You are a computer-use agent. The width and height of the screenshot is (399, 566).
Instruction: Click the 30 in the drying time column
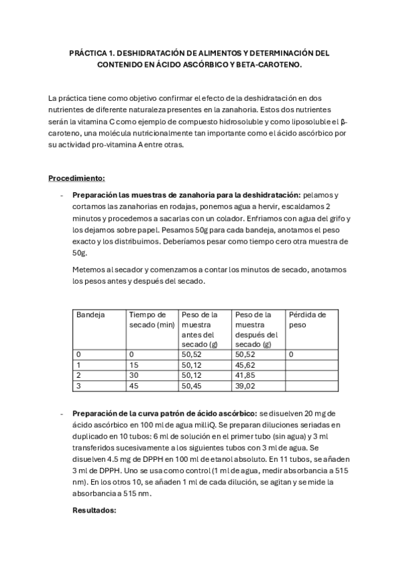pos(133,375)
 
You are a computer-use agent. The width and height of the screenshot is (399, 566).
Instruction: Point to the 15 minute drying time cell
pos(133,365)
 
